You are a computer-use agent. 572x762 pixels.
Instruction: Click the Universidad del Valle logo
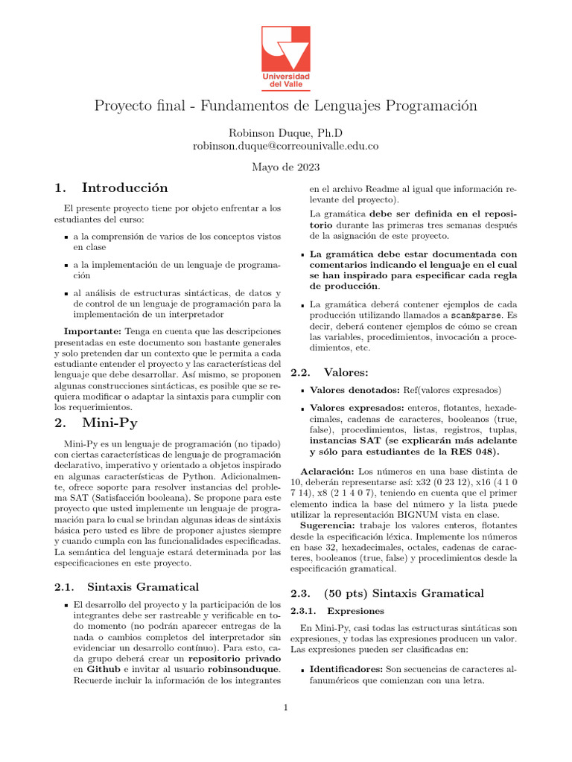coord(285,57)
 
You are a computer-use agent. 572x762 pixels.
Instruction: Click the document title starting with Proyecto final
coord(285,106)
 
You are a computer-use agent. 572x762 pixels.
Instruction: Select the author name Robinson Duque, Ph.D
coord(285,133)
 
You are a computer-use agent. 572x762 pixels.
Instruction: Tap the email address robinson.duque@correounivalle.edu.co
coord(285,147)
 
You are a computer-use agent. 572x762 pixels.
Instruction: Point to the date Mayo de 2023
coord(285,168)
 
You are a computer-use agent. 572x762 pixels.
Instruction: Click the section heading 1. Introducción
coord(111,188)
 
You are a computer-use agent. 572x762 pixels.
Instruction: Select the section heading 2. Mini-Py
coord(95,423)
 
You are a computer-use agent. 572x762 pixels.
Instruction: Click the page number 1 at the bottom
coord(285,707)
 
